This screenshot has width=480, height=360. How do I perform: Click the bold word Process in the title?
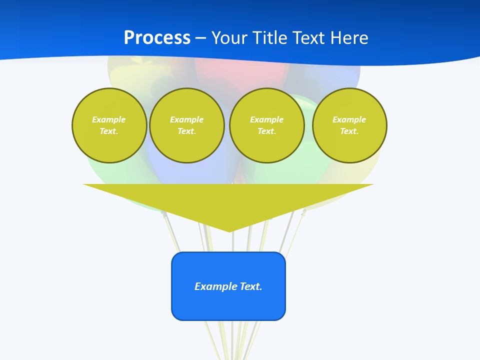(157, 38)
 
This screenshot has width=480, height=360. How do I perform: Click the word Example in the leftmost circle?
(109, 119)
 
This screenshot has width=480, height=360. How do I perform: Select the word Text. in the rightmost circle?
(349, 131)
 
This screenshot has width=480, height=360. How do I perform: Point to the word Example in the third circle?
(266, 119)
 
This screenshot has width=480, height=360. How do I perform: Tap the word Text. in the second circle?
(187, 131)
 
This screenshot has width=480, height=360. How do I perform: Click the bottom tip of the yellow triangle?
(229, 230)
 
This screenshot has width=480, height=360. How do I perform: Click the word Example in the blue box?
(216, 286)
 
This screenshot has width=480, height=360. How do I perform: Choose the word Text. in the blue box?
(251, 286)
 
